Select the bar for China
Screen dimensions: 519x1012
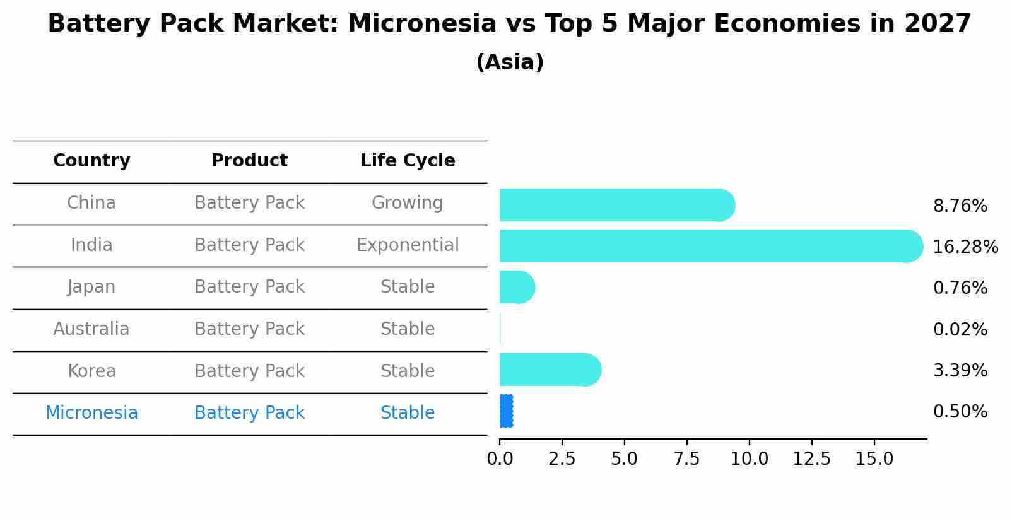616,205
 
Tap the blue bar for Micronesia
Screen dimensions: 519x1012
506,411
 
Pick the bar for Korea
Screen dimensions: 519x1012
549,370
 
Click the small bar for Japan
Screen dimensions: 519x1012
516,287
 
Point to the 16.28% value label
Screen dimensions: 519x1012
965,247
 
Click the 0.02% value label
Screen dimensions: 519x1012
960,329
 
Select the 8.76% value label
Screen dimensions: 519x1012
960,206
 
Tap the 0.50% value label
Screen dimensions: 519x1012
960,411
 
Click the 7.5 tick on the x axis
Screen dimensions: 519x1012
686,459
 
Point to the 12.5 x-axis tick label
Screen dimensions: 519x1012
811,459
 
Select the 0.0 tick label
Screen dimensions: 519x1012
500,459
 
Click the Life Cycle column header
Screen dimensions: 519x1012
408,161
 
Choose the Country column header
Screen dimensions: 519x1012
91,161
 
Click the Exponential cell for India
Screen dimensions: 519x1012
408,245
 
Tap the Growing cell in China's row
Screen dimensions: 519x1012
407,202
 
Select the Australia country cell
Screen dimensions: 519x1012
91,329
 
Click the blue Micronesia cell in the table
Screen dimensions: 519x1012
91,412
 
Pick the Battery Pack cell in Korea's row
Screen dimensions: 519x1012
249,371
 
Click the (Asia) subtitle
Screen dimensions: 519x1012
510,62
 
